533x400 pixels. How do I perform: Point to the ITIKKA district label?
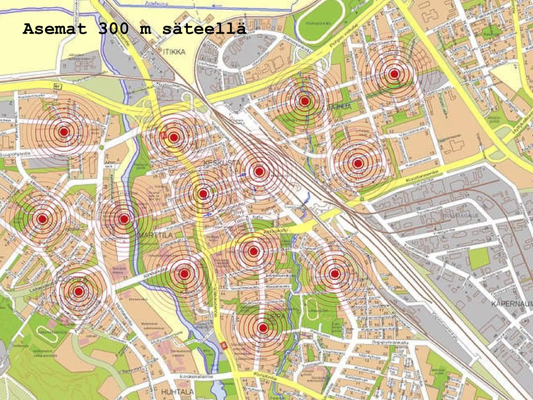tap(174, 52)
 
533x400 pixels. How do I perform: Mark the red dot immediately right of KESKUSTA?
tap(259, 171)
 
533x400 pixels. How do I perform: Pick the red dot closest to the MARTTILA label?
tap(124, 219)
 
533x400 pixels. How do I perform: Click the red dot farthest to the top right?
tap(394, 74)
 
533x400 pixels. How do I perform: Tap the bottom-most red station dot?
tap(263, 328)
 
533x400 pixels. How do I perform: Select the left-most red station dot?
tap(43, 219)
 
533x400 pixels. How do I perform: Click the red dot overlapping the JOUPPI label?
tap(78, 291)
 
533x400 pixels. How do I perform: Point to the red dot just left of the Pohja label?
tap(304, 101)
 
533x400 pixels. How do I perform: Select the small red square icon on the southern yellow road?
tap(224, 346)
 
